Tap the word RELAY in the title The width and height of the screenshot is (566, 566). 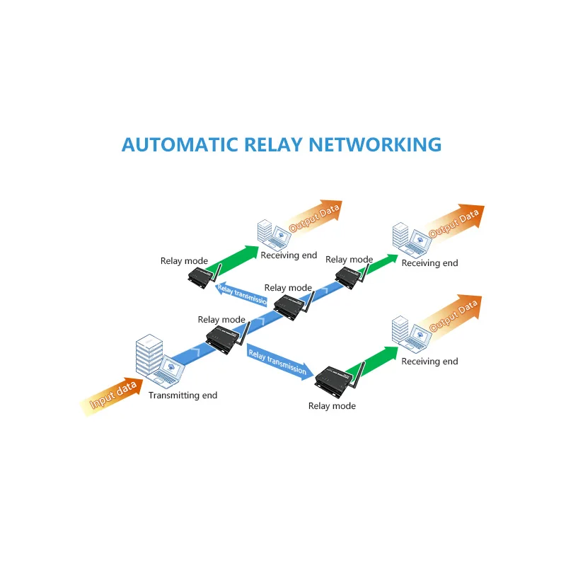pyautogui.click(x=273, y=144)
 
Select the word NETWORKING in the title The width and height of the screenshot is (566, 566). pyautogui.click(x=375, y=144)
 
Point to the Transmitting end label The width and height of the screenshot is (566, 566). pyautogui.click(x=183, y=395)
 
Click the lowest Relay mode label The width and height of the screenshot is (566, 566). pyautogui.click(x=332, y=406)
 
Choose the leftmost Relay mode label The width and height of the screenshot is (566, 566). pyautogui.click(x=184, y=261)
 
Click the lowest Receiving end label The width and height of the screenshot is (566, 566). pyautogui.click(x=429, y=362)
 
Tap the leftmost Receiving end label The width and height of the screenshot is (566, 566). pyautogui.click(x=289, y=255)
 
